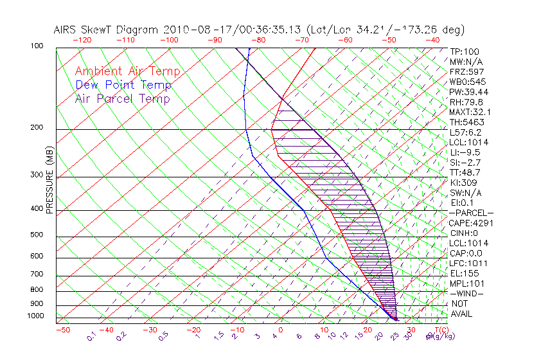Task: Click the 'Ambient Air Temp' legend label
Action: (x=127, y=71)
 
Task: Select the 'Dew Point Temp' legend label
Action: (x=123, y=85)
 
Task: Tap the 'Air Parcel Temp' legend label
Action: (x=122, y=98)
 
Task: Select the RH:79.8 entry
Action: (x=466, y=102)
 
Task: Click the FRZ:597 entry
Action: (x=466, y=71)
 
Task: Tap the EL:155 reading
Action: (x=464, y=273)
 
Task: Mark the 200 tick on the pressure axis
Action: (x=37, y=127)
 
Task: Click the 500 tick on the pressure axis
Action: (x=37, y=235)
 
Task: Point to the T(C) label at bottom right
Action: (x=441, y=330)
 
